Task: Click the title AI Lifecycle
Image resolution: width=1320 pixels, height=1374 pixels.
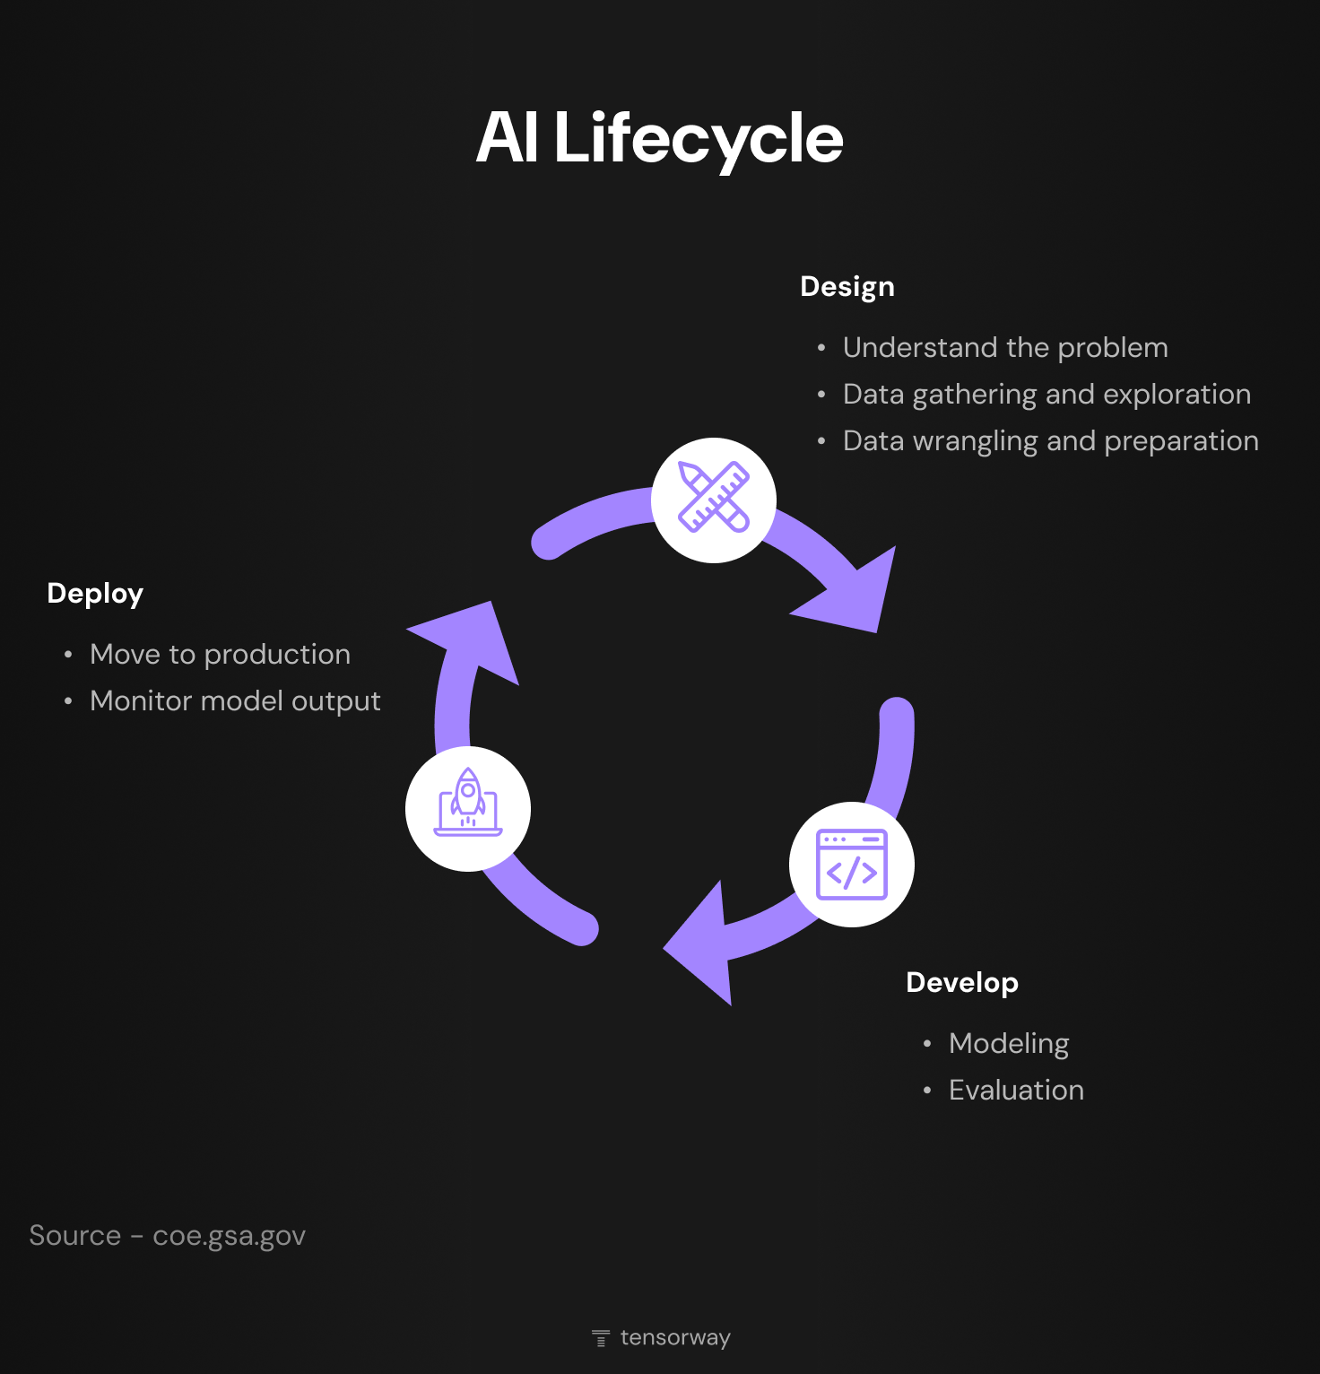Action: tap(659, 138)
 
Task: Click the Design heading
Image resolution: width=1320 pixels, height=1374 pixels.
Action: tap(847, 287)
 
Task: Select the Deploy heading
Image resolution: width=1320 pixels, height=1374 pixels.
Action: tap(95, 594)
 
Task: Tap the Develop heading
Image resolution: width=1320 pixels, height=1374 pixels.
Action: tap(961, 983)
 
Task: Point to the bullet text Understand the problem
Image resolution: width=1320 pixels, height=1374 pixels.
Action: tap(1005, 348)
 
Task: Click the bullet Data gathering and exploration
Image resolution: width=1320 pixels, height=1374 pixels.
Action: tap(1046, 395)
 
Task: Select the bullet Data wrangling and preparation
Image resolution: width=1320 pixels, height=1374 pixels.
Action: tap(1050, 441)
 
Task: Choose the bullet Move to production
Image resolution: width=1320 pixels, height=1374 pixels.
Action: tap(220, 655)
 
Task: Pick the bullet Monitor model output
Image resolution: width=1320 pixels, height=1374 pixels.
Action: tap(235, 701)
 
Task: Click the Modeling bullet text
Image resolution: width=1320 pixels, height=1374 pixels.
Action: tap(1009, 1044)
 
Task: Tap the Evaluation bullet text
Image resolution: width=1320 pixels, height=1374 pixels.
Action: tap(1016, 1091)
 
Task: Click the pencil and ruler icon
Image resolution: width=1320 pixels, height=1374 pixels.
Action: tap(714, 500)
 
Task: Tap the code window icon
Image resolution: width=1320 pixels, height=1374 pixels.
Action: tap(851, 865)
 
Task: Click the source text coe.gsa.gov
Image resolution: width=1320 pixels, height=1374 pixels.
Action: tap(229, 1236)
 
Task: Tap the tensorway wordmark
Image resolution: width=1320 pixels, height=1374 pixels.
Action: tap(675, 1338)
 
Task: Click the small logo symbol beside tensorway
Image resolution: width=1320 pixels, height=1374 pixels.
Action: tap(601, 1338)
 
